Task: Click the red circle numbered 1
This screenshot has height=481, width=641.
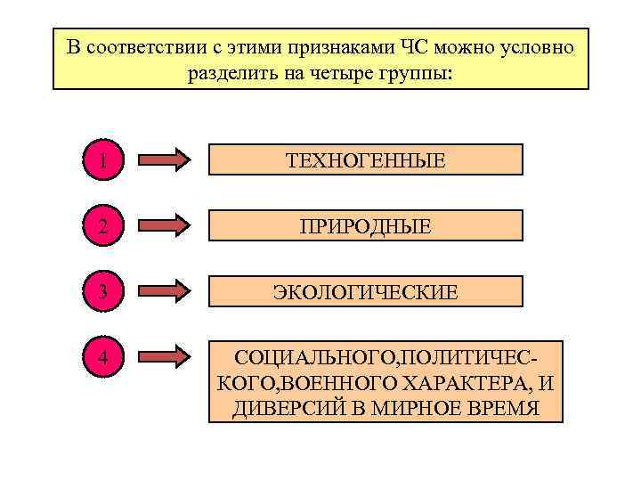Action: pyautogui.click(x=105, y=160)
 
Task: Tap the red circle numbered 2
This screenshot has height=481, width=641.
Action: pyautogui.click(x=105, y=225)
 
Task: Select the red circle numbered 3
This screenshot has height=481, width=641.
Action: pyautogui.click(x=105, y=290)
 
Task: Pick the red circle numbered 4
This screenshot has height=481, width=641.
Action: pyautogui.click(x=105, y=357)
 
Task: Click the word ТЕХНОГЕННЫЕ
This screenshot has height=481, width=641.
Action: pyautogui.click(x=365, y=161)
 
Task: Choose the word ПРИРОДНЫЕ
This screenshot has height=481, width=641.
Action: pyautogui.click(x=365, y=227)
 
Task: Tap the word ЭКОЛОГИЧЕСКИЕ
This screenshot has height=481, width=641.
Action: pyautogui.click(x=365, y=292)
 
